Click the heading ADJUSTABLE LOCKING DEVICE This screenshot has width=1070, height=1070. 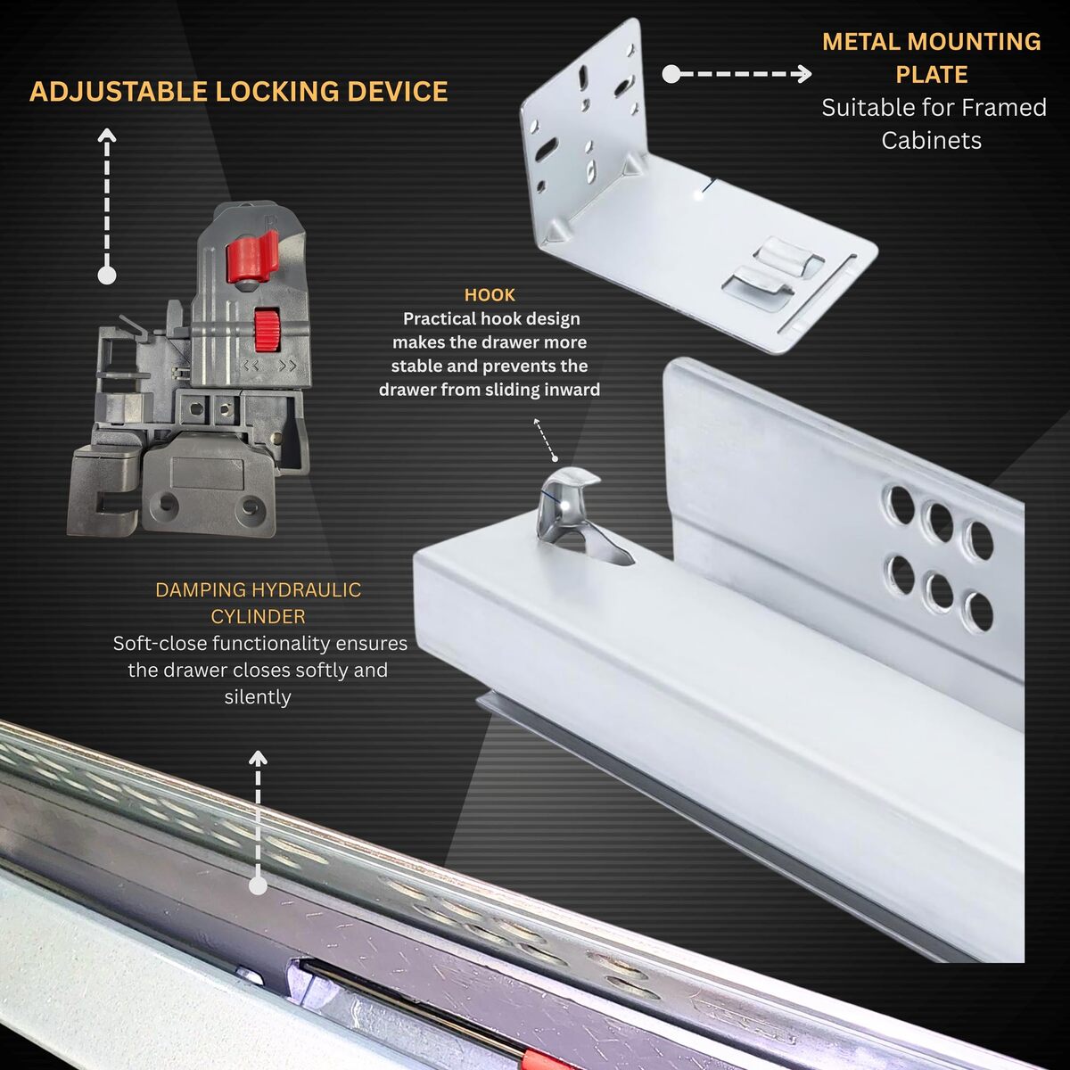[238, 92]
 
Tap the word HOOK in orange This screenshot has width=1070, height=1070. [490, 295]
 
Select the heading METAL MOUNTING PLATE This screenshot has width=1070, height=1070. [931, 58]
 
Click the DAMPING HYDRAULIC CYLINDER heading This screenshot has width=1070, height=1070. [259, 603]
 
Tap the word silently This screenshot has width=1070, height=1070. [258, 697]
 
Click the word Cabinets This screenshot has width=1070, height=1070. [931, 141]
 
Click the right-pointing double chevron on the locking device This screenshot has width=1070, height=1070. [287, 366]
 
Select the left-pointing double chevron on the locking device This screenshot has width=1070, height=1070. [251, 366]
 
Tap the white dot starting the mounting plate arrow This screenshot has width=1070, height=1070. [671, 74]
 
